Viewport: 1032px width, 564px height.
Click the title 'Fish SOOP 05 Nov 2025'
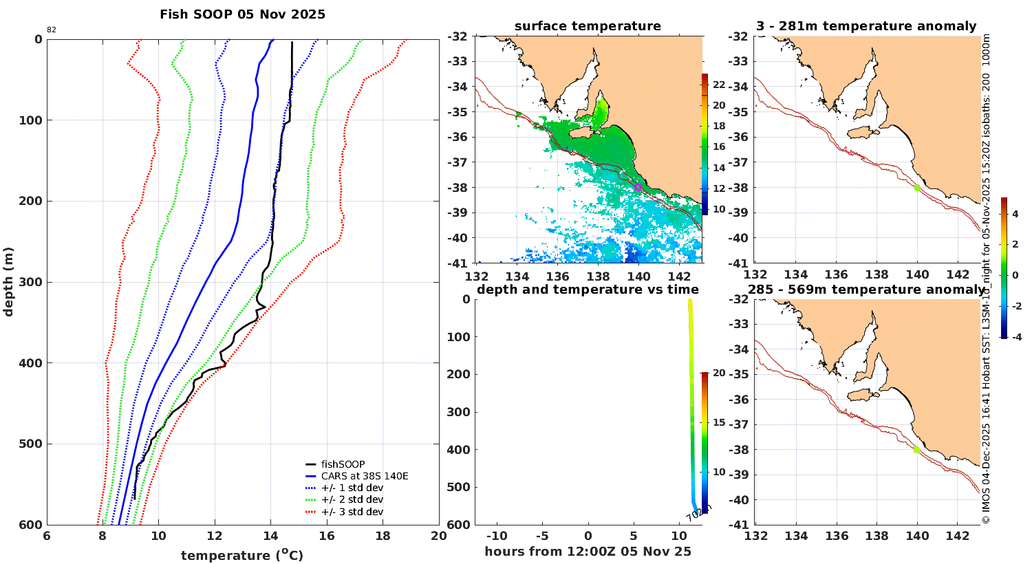(242, 14)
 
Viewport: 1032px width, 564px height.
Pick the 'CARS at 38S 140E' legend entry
(365, 476)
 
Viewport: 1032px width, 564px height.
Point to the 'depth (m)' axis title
(8, 281)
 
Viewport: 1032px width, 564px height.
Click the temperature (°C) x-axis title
(242, 555)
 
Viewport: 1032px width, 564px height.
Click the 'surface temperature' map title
(588, 26)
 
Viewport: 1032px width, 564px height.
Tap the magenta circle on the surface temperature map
(638, 187)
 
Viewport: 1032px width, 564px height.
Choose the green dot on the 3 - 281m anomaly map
(917, 188)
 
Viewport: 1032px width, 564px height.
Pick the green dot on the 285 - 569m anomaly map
(916, 450)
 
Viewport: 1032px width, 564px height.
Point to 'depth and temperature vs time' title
(588, 290)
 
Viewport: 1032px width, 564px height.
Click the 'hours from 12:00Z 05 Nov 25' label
(588, 552)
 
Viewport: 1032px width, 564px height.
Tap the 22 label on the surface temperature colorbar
(719, 85)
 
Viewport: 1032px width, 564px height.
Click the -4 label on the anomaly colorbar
(1015, 337)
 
